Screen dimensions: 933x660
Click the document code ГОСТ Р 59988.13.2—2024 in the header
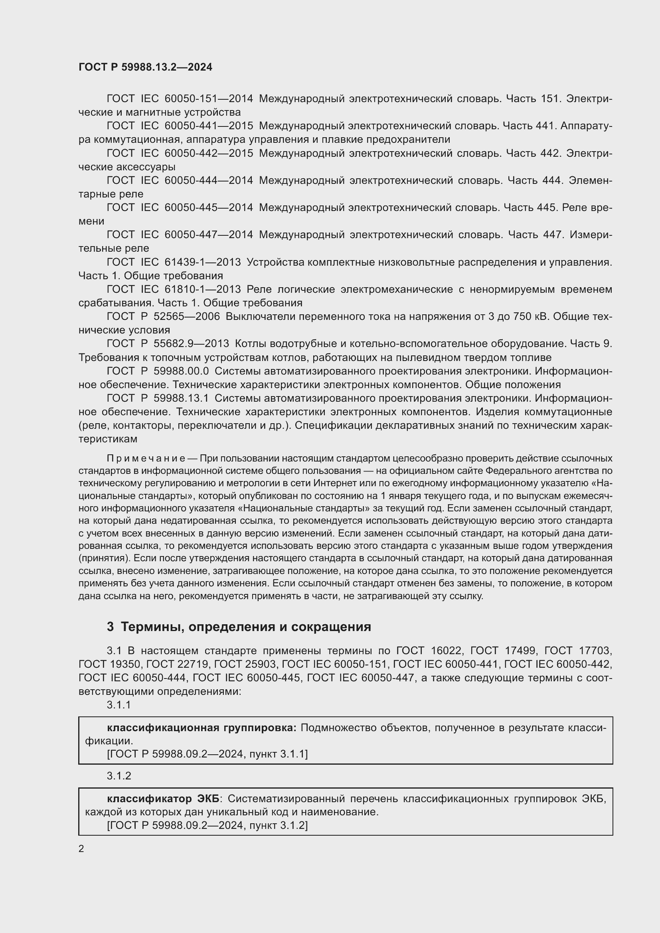[145, 67]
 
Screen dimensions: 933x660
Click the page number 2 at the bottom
[81, 848]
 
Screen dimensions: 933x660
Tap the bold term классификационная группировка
[202, 728]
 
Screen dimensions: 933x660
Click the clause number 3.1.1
[119, 704]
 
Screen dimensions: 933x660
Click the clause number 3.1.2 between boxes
[119, 776]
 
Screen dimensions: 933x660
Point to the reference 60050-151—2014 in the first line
[208, 99]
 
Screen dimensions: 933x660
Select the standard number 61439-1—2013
[202, 262]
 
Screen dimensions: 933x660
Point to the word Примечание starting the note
[146, 458]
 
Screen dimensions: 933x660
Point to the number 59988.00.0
[181, 371]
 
